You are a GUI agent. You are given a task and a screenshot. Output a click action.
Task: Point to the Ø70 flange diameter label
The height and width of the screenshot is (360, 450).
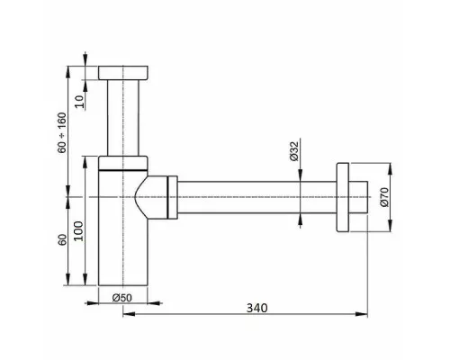385,196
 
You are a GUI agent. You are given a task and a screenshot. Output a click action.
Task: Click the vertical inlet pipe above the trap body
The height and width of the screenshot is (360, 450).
123,117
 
